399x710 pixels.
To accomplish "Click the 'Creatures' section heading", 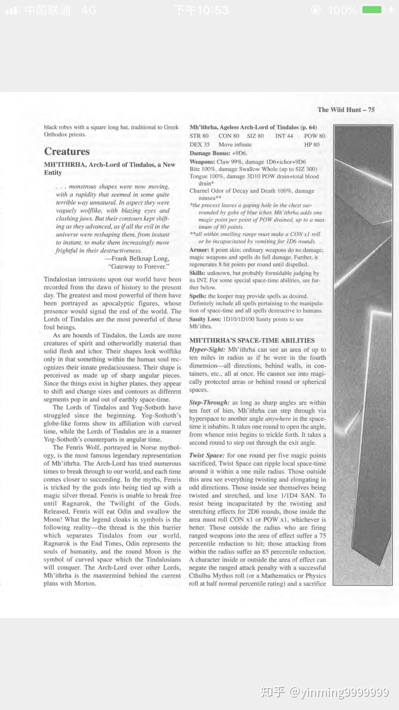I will coord(67,151).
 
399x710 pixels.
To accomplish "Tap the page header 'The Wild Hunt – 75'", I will coord(346,110).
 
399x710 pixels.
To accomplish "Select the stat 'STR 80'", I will coord(199,136).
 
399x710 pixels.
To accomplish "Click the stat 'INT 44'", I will coord(284,136).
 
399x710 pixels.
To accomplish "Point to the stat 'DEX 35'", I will coord(199,145).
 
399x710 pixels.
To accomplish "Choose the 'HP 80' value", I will coord(312,145).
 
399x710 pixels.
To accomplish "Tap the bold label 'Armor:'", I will coord(199,250).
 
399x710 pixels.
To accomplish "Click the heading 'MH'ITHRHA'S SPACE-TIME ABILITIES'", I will coord(252,341).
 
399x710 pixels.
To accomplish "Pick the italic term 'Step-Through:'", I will coord(209,403).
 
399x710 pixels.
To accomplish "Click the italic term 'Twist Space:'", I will coord(207,455).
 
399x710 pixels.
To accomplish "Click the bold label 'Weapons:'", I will coord(202,162).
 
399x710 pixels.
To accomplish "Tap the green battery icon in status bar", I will coord(372,10).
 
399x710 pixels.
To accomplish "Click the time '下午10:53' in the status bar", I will coord(201,10).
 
